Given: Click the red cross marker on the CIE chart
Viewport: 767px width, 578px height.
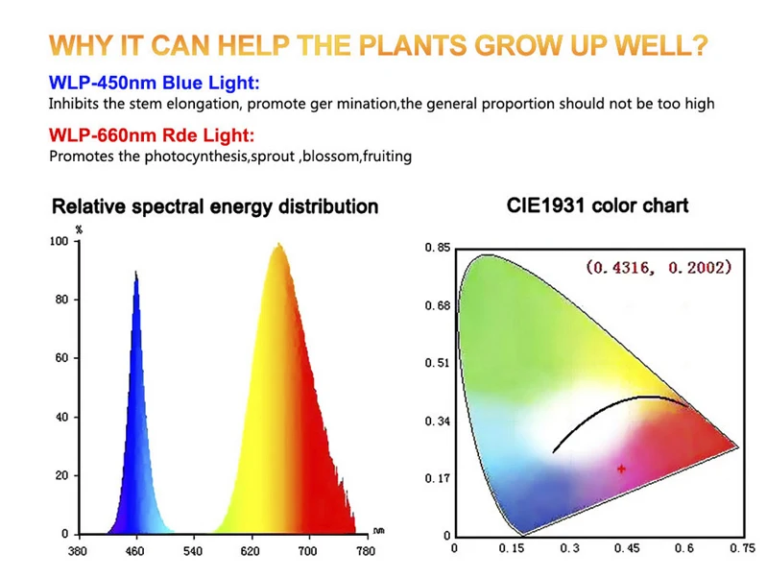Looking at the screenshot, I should [622, 469].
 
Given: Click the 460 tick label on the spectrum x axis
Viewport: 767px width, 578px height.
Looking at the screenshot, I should [135, 553].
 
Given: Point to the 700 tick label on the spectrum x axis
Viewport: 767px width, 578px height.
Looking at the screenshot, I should [307, 553].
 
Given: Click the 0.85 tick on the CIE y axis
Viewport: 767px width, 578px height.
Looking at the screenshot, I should [437, 249].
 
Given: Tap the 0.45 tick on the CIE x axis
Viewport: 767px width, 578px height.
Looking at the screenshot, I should [626, 549].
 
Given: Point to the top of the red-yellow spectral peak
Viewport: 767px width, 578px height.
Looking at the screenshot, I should [278, 246].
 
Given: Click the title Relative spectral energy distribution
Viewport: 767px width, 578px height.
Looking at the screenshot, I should [214, 206].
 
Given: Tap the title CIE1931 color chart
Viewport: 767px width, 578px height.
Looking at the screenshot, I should [597, 205].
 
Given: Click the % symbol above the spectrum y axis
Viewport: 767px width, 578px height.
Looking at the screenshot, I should [79, 229].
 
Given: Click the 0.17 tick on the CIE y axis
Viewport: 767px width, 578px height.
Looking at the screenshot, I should [437, 478].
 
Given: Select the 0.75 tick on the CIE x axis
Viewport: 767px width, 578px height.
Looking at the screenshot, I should [740, 549].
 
